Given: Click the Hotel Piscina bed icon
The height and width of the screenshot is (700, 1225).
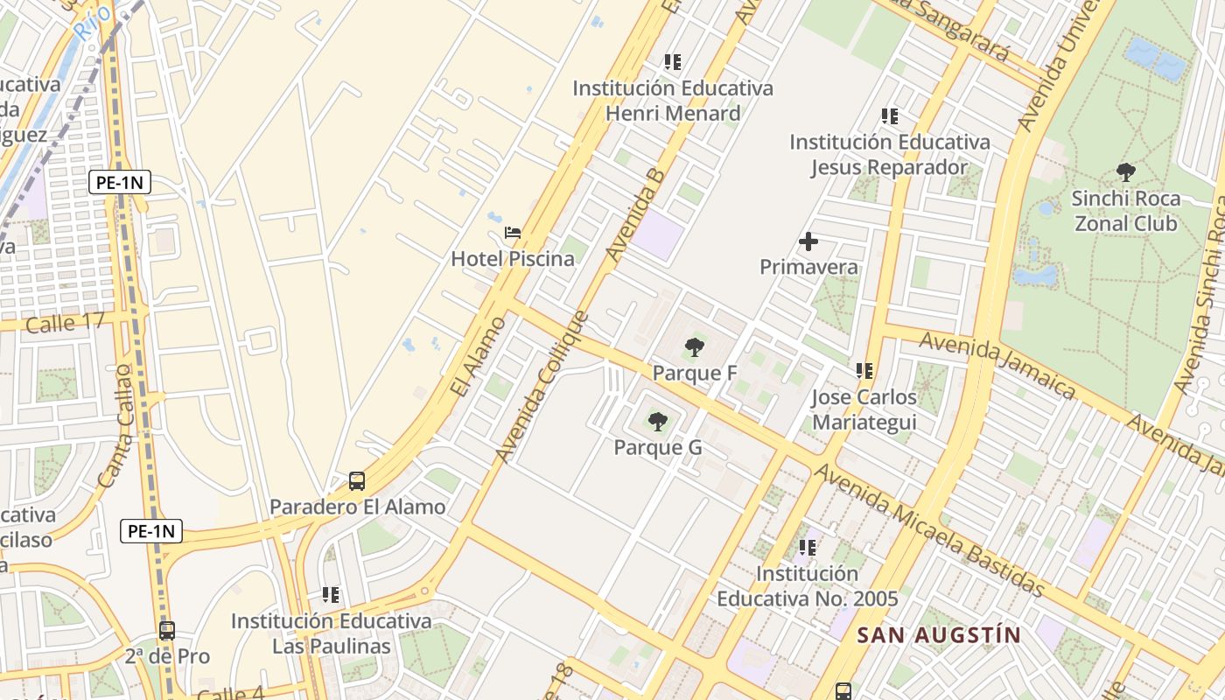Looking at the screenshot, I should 513,233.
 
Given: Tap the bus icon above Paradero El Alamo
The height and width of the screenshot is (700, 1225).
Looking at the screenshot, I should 357,480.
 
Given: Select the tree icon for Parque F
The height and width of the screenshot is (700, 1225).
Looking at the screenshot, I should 695,347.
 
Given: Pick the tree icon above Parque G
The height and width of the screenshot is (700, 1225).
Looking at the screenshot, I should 658,422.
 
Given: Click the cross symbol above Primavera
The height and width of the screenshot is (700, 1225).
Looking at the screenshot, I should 808,241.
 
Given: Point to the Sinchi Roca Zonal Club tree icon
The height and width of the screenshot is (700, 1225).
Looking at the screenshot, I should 1126,172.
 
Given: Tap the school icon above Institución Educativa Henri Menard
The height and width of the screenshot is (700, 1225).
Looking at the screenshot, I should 672,62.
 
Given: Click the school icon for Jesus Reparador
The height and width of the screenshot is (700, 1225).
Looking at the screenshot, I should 890,116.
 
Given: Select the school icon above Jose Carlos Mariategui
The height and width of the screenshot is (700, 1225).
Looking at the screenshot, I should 864,371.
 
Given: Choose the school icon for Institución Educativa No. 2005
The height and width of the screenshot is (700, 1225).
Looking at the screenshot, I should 807,548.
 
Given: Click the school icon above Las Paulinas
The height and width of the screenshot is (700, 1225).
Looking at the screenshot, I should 331,595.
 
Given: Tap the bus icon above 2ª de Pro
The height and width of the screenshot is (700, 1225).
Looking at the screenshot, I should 167,630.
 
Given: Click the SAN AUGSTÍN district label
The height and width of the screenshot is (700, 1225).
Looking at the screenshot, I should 938,635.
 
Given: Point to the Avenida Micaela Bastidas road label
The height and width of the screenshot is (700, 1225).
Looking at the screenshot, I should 930,531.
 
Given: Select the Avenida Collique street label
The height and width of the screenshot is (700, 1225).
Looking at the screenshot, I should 543,387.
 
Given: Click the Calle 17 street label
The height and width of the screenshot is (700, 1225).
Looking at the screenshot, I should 66,323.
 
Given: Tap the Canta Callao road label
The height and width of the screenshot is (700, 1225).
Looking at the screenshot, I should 115,426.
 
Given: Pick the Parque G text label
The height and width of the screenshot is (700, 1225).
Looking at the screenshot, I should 658,448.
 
